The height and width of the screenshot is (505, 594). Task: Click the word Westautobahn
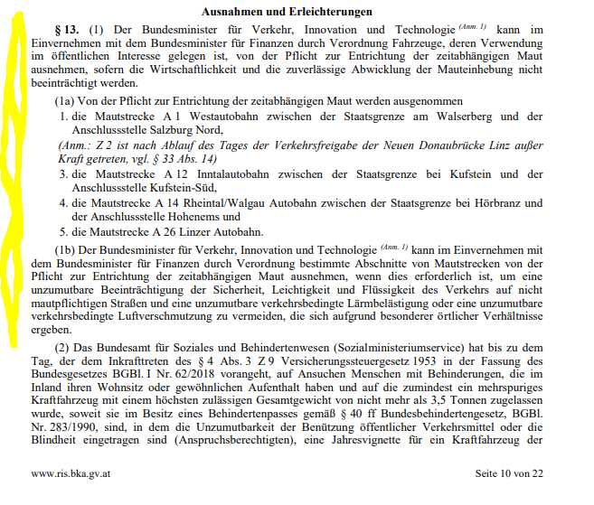(x=220, y=117)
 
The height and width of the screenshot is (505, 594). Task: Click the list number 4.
(x=64, y=202)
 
